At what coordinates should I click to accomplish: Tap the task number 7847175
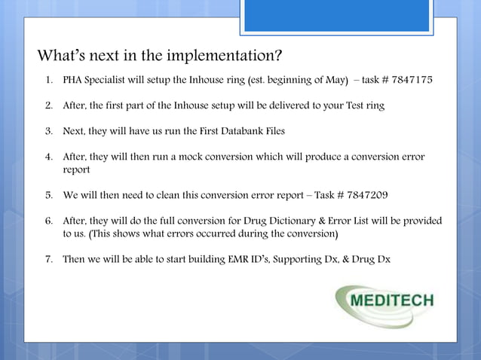[409, 80]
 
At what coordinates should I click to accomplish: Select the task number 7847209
[365, 195]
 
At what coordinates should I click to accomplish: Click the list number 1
[47, 80]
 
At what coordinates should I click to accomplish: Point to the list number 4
[47, 157]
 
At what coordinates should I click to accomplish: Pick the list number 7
[47, 259]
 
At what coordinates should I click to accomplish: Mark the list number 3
[47, 131]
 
